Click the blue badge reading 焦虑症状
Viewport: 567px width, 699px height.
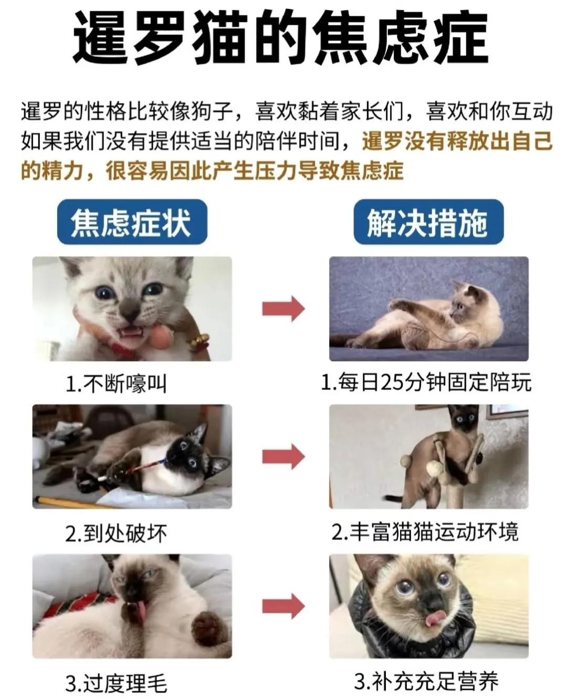coord(132,222)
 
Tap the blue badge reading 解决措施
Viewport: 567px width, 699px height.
coord(428,222)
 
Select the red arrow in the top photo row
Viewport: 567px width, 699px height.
coord(283,309)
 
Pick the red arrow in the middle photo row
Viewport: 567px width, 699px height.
coord(283,456)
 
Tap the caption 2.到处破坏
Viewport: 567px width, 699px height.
coord(116,533)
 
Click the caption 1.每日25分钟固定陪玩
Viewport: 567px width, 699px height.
coord(426,383)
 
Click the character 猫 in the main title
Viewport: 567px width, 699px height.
coord(220,38)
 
